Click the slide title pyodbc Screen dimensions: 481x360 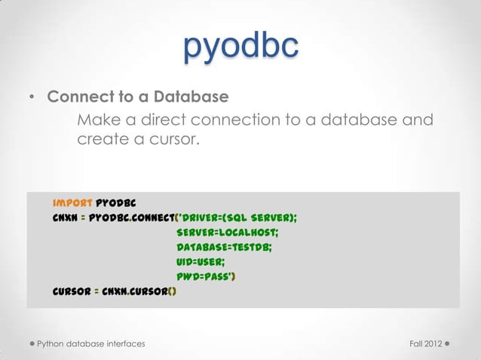240,47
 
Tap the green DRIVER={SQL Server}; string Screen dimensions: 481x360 237,218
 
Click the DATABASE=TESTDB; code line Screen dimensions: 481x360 224,247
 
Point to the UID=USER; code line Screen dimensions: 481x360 201,262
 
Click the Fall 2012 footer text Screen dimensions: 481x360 424,344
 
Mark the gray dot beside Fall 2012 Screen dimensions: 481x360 448,344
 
